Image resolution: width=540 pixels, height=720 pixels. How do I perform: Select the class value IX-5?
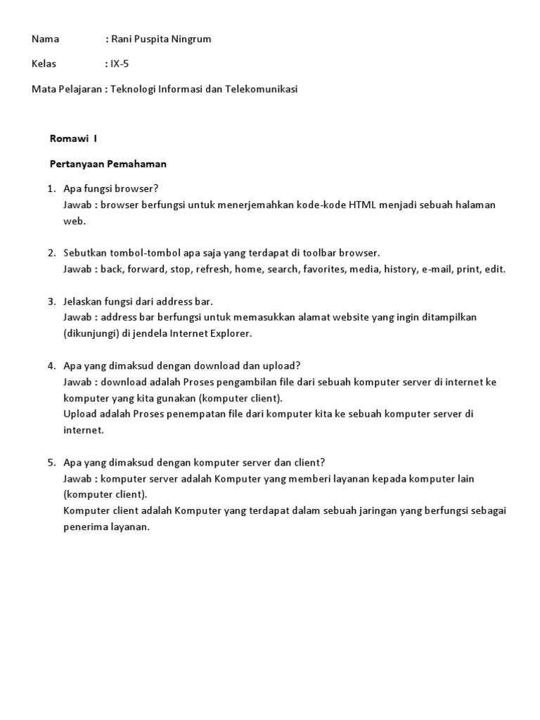pos(120,64)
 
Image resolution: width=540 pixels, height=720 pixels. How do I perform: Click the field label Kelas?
pos(44,64)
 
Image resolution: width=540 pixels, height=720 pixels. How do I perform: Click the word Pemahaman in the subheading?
pos(141,165)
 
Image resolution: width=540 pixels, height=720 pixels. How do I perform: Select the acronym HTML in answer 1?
pos(363,205)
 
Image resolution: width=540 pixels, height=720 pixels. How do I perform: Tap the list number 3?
pos(52,301)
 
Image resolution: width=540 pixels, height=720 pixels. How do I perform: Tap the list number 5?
pos(52,462)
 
